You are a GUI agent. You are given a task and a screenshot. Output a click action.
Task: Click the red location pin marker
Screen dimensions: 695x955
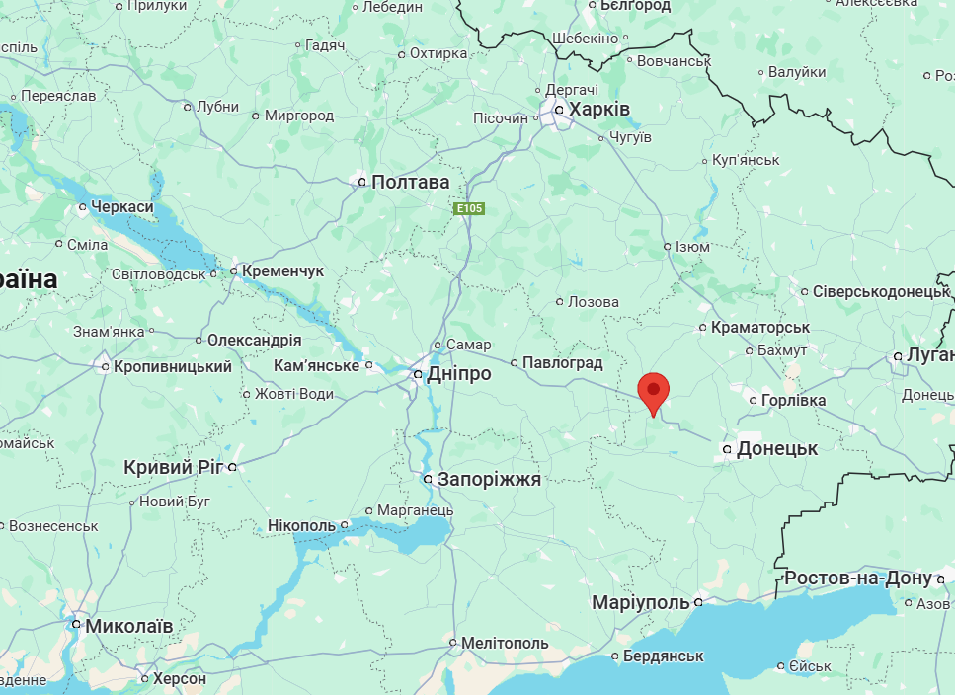653,393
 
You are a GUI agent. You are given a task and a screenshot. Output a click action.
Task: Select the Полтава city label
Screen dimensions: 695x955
410,182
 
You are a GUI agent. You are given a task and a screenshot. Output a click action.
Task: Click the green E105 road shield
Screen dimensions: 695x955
469,208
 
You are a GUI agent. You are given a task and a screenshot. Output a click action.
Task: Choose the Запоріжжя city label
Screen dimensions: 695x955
490,480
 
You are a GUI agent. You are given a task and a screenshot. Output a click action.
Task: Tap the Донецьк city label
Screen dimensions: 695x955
777,448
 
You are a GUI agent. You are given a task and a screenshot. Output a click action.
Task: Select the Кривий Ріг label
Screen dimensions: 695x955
174,467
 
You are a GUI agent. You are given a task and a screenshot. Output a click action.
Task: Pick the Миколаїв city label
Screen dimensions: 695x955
129,626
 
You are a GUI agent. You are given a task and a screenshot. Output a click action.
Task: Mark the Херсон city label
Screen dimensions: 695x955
180,679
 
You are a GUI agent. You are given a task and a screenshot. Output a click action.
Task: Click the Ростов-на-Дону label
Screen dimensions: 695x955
858,578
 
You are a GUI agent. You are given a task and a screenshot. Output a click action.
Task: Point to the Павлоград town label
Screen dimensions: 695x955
562,362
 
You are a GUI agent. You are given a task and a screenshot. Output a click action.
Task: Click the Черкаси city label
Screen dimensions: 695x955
122,206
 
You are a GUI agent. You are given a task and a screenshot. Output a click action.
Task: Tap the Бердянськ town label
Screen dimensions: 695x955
664,656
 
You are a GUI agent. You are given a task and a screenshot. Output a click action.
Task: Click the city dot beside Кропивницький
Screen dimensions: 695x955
106,367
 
